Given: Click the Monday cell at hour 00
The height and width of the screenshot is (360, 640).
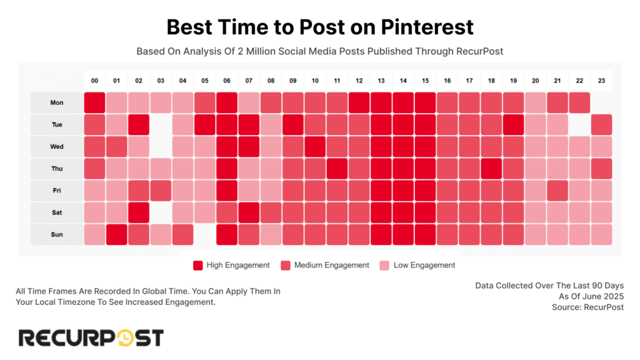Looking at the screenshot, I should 95,102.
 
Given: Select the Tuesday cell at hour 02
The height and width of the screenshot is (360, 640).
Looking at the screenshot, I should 139,124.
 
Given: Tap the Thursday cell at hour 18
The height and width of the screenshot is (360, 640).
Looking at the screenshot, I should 491,168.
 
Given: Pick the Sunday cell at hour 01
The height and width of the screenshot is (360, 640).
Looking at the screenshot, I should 117,234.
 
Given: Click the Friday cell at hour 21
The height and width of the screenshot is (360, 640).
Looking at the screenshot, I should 557,191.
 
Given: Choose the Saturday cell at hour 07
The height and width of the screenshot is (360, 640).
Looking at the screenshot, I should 249,212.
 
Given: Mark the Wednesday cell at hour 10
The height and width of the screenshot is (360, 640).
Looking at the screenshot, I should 315,146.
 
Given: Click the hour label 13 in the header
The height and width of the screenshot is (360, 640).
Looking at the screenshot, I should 381,81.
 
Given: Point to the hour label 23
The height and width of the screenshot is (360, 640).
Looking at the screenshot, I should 601,81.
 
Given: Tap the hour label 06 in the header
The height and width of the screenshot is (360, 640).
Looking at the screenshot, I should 227,81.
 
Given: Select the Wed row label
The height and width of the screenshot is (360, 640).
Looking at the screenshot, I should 57,146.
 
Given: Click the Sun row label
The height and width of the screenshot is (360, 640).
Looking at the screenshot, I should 57,234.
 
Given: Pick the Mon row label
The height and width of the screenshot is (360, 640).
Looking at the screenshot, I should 57,102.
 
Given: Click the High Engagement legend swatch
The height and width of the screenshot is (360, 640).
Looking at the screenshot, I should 198,265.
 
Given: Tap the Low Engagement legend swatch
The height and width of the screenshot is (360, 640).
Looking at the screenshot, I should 384,265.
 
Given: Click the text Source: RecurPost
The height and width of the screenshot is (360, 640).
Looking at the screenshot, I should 587,307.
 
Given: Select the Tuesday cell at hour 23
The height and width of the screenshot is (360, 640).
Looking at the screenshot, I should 601,124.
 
